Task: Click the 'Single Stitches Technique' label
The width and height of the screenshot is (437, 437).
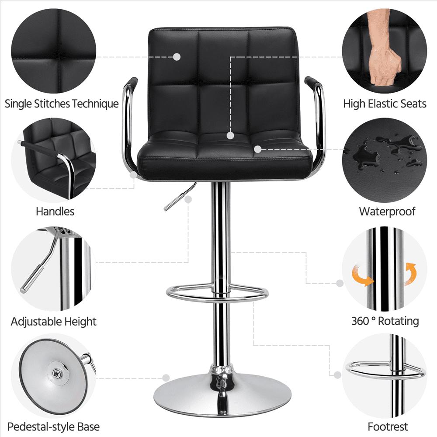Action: pyautogui.click(x=62, y=104)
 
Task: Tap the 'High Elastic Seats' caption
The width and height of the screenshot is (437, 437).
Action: pyautogui.click(x=385, y=104)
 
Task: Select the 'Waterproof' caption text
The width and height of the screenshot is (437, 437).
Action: pyautogui.click(x=387, y=212)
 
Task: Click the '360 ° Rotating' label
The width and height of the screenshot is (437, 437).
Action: pyautogui.click(x=385, y=321)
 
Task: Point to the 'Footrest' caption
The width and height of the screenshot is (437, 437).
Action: pyautogui.click(x=388, y=427)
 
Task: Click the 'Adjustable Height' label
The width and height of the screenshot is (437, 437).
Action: pyautogui.click(x=54, y=322)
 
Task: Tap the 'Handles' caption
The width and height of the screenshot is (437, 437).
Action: pyautogui.click(x=55, y=212)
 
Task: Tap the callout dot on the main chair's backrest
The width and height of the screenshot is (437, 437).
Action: pyautogui.click(x=177, y=57)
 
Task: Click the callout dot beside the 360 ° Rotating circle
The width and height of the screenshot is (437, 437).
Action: pyautogui.click(x=340, y=283)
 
